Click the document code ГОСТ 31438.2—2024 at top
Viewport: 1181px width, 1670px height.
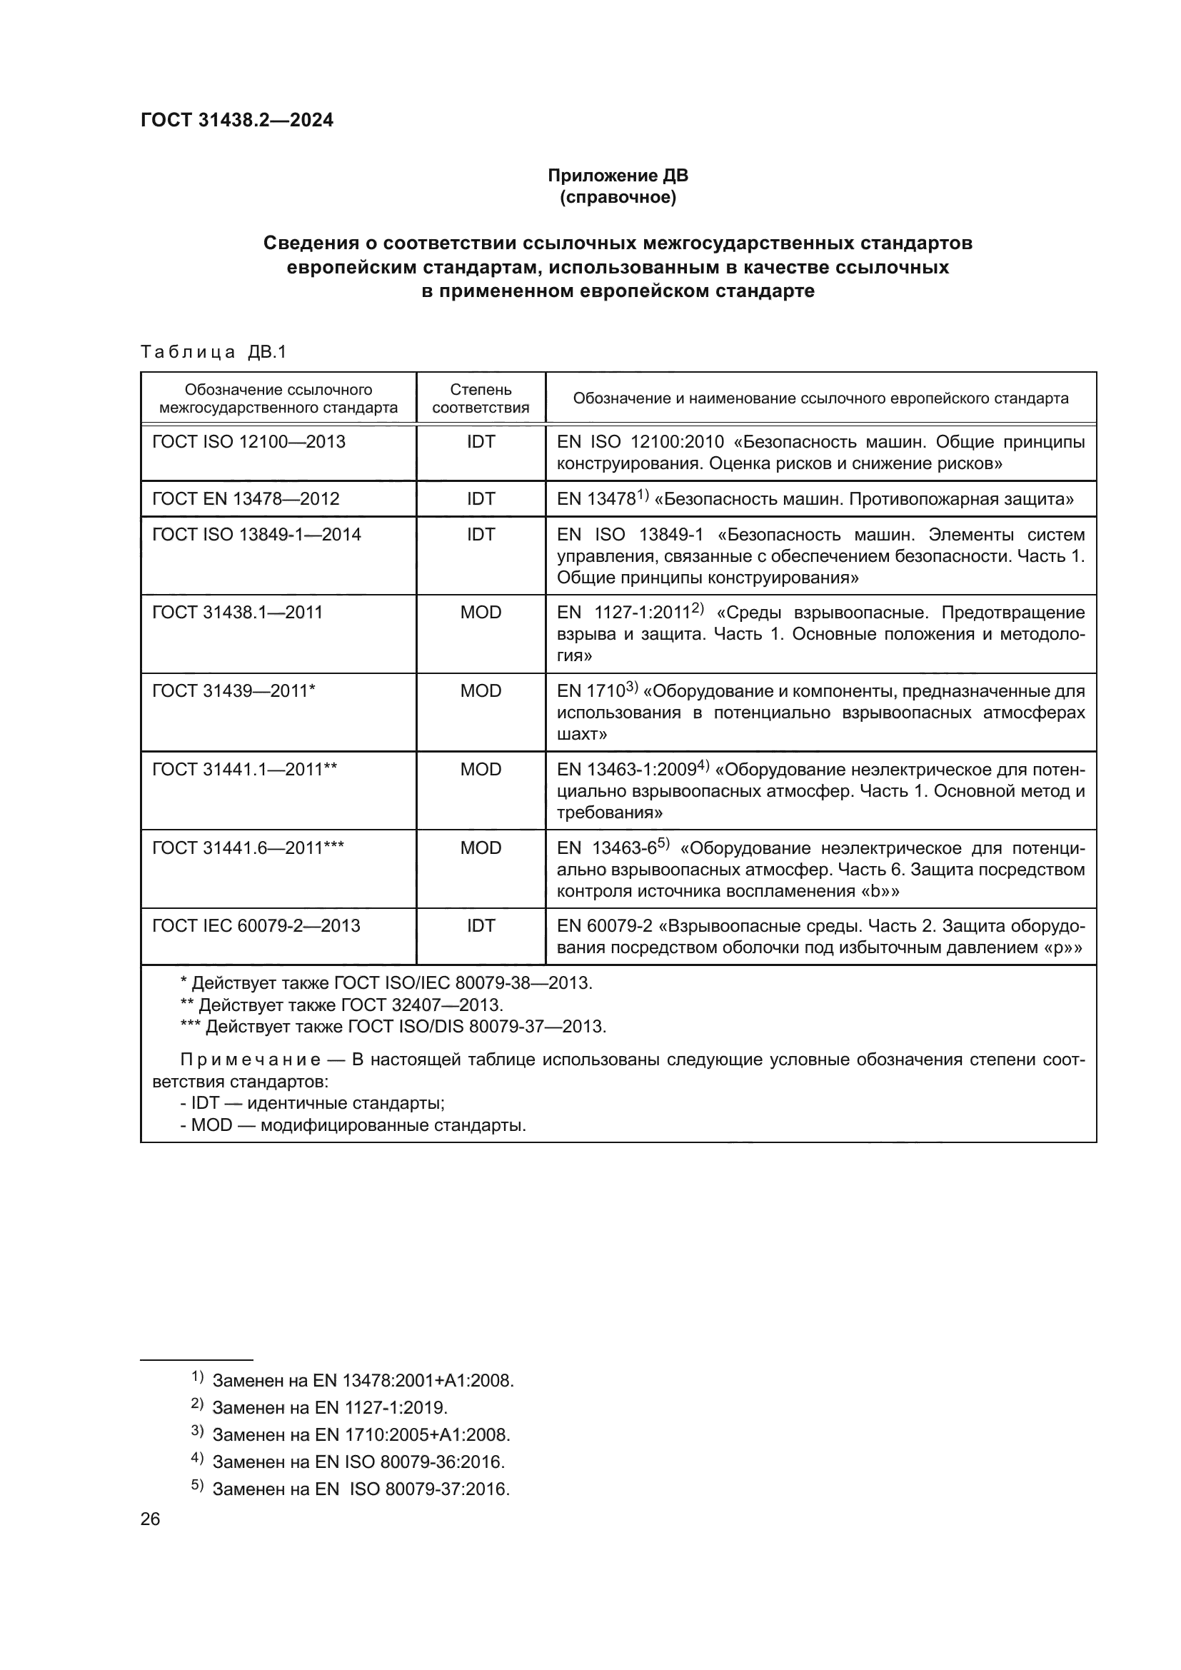click(236, 120)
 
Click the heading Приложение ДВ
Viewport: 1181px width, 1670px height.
click(618, 176)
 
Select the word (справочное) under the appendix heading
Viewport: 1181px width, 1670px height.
click(618, 197)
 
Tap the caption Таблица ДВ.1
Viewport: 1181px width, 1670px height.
click(213, 352)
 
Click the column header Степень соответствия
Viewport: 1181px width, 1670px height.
click(481, 398)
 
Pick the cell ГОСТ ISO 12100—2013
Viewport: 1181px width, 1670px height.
click(248, 441)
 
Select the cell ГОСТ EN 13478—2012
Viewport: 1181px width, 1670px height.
click(246, 498)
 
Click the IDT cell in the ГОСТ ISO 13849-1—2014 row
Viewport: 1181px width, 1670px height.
click(481, 534)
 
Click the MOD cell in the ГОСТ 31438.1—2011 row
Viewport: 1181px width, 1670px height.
click(481, 612)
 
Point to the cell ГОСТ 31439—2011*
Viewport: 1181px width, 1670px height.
click(233, 690)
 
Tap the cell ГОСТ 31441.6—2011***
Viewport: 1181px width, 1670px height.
click(248, 847)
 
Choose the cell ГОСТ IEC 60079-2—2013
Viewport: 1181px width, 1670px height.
click(256, 925)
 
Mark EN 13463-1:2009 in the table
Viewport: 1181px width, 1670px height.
click(627, 770)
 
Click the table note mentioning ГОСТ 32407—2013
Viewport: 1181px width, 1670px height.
click(342, 1005)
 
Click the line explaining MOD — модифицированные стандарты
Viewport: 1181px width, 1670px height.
click(353, 1125)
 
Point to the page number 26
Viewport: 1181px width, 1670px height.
click(150, 1519)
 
